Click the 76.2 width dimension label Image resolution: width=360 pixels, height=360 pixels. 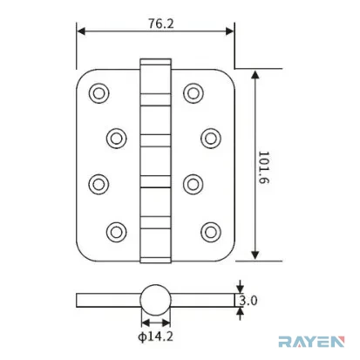click(x=161, y=24)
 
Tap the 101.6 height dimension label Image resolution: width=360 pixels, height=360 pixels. click(x=264, y=167)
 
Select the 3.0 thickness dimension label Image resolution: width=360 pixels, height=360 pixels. click(x=248, y=301)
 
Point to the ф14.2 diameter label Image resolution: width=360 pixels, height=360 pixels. click(x=155, y=336)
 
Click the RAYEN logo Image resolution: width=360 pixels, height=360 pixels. click(x=311, y=342)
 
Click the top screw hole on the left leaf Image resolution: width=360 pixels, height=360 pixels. click(x=98, y=93)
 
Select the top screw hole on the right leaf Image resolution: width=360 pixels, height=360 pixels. click(x=194, y=93)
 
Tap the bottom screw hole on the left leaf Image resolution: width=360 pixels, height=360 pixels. click(x=116, y=232)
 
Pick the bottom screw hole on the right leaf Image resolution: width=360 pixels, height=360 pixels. click(x=211, y=232)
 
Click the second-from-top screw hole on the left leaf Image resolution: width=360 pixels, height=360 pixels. click(x=116, y=139)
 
